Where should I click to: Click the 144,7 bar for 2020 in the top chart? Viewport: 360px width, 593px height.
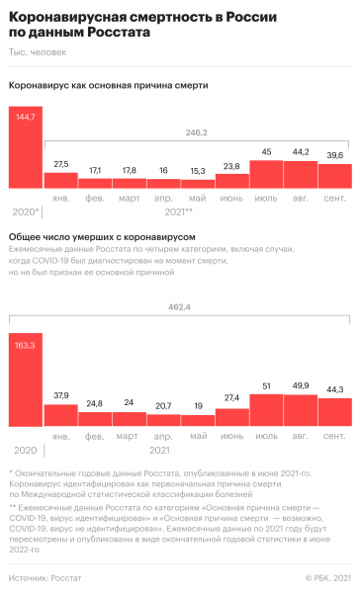click(x=25, y=148)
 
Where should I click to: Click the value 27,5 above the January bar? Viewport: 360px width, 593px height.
click(x=61, y=163)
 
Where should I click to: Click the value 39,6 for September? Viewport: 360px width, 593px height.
click(x=334, y=155)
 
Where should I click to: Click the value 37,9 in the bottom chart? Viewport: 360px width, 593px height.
click(x=61, y=369)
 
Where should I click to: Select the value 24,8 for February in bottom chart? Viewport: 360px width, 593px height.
click(x=96, y=376)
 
